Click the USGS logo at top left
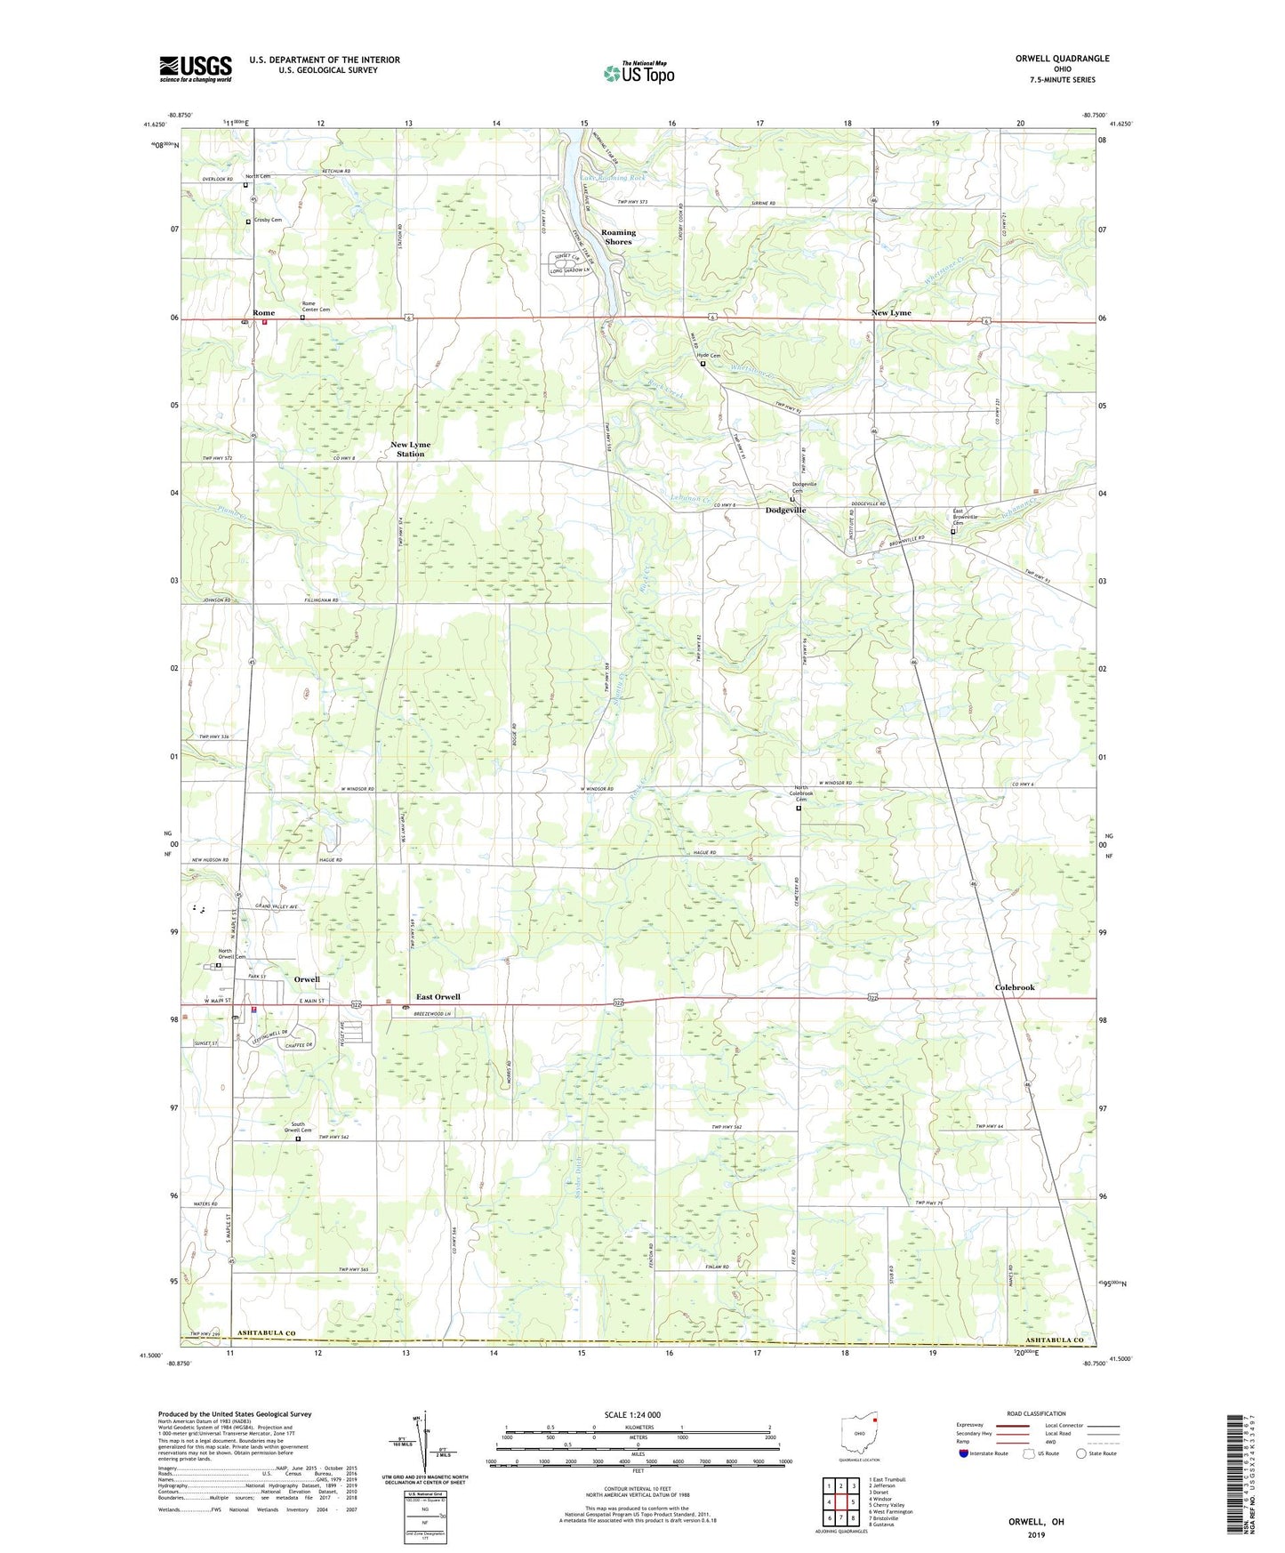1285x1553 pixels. coord(196,68)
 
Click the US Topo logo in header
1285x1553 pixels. coord(638,73)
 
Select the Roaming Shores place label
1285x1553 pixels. coord(618,237)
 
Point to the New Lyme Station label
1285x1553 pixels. coord(410,449)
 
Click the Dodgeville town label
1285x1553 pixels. coord(786,510)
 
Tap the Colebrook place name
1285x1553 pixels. coord(1015,987)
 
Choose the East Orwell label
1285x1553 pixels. coord(438,997)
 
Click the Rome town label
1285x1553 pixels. coord(263,313)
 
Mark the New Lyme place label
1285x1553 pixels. coord(891,313)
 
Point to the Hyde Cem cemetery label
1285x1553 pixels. coord(709,356)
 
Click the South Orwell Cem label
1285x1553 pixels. coord(299,1127)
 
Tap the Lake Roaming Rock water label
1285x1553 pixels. coord(614,178)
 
